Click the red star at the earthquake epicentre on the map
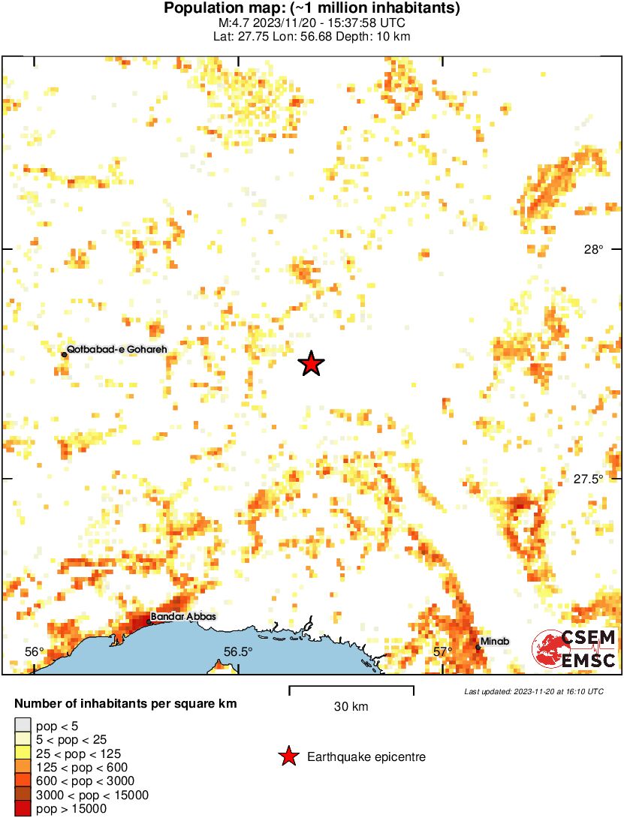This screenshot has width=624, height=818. [x=311, y=364]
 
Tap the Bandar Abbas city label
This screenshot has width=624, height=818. [x=183, y=617]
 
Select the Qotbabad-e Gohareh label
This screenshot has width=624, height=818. [x=116, y=349]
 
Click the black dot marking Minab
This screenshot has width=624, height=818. [x=478, y=647]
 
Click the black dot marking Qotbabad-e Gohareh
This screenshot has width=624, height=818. [x=64, y=354]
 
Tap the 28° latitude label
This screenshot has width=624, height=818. [x=593, y=250]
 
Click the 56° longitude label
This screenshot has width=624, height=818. [x=35, y=651]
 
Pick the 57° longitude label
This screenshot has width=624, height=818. [x=442, y=651]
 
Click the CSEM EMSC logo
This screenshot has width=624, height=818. [x=574, y=648]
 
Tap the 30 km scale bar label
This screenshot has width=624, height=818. [x=351, y=706]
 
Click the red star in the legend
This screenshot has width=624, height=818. [x=288, y=757]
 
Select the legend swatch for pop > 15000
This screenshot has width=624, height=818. [x=23, y=809]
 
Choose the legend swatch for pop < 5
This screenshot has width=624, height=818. [x=23, y=726]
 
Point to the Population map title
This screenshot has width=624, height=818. [x=312, y=9]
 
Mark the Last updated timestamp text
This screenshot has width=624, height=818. [x=533, y=691]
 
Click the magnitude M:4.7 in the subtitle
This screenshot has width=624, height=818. [x=244, y=23]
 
